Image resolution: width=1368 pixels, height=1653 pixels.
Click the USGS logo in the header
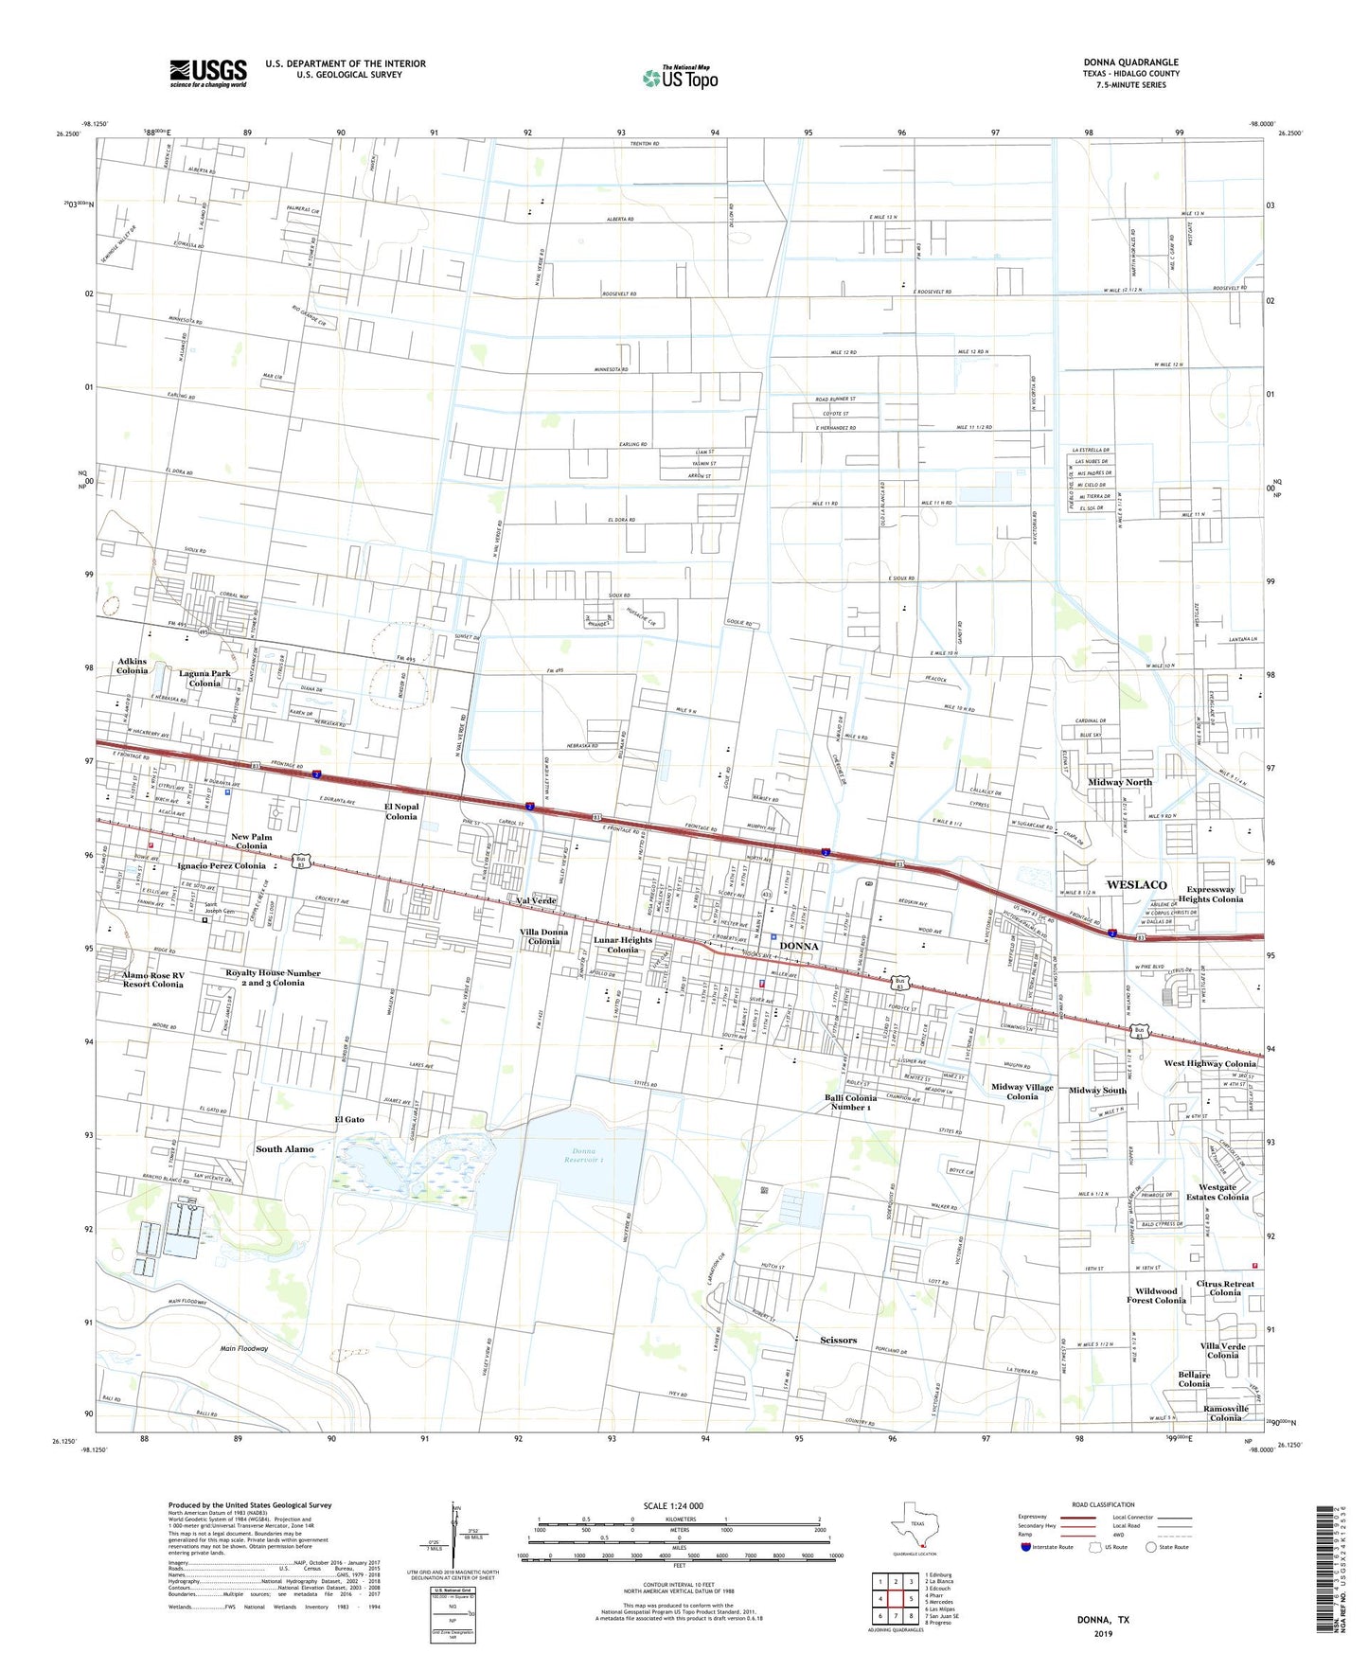point(208,73)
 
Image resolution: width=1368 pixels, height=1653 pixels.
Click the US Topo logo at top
point(680,78)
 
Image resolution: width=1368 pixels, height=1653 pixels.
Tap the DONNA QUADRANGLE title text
point(1130,62)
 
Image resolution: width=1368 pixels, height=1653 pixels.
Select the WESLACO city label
point(1136,884)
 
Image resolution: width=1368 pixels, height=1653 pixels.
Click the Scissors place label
point(838,1340)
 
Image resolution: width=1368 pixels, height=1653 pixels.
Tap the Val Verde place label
point(536,900)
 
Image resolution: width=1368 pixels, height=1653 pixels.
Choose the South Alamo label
point(284,1148)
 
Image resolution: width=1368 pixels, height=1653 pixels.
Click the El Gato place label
point(348,1119)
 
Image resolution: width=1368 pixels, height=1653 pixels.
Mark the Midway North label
point(1119,782)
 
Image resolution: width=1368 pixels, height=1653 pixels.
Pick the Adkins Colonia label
point(133,666)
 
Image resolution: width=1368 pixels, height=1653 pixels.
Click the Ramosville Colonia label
point(1225,1413)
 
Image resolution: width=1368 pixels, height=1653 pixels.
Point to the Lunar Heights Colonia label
point(623,945)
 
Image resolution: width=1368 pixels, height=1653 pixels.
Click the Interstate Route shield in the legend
point(1026,1547)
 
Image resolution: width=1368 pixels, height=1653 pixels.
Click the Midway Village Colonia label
point(1022,1092)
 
